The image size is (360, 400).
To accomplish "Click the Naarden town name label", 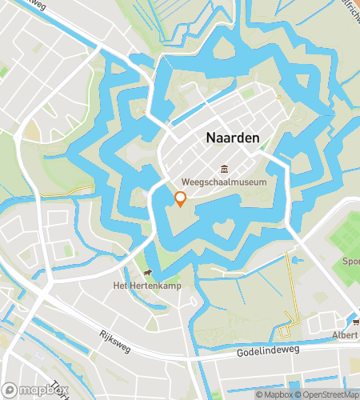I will tap(233, 138).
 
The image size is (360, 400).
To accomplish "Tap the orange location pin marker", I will tap(180, 199).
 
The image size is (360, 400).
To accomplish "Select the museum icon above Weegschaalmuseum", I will tap(224, 170).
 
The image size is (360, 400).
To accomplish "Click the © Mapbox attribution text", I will tap(274, 394).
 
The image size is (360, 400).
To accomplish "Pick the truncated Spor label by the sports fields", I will tap(352, 261).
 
